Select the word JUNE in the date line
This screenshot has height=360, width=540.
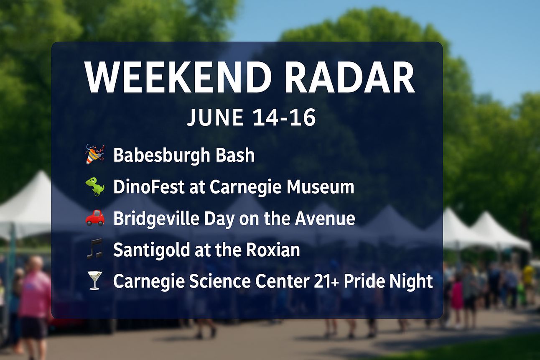tap(215, 117)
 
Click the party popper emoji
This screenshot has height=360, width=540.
tap(95, 154)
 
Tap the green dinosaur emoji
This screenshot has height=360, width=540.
tap(95, 186)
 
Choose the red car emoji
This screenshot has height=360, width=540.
tap(95, 217)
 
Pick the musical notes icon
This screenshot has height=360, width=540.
tap(94, 249)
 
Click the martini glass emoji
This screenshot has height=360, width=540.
tap(94, 281)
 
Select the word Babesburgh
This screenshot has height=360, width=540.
tap(162, 156)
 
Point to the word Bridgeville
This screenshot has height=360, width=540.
tap(156, 218)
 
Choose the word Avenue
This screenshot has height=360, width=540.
tap(325, 218)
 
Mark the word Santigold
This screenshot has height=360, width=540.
tap(152, 250)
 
